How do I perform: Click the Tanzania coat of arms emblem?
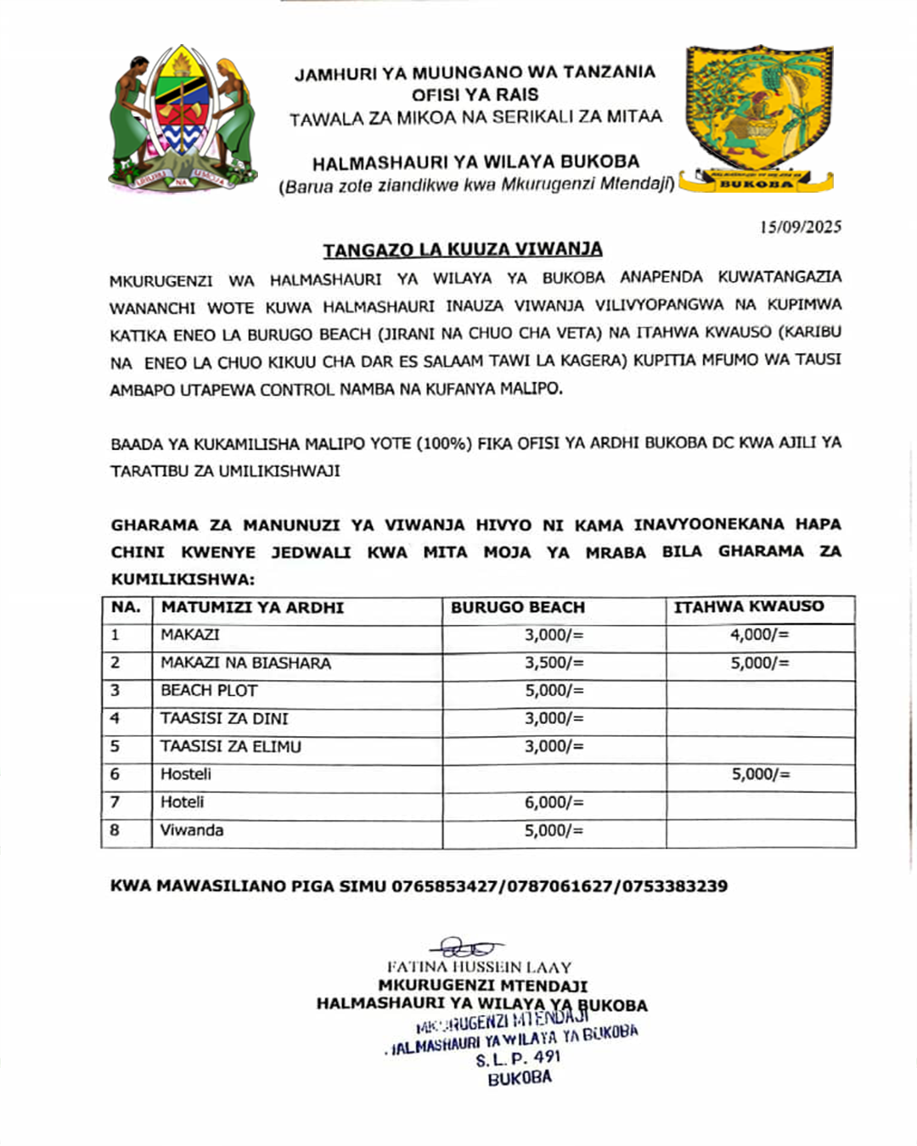click(x=183, y=119)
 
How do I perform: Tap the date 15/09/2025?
click(x=801, y=227)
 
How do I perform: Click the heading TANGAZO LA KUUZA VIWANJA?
click(x=463, y=250)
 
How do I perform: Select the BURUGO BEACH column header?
click(x=518, y=608)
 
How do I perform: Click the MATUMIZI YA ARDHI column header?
click(x=252, y=608)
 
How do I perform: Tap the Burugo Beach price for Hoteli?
click(x=554, y=802)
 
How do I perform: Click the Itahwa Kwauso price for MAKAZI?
click(x=759, y=635)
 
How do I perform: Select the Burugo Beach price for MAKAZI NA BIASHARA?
click(x=554, y=663)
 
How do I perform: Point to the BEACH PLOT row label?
click(x=209, y=691)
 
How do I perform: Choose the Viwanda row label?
click(x=192, y=830)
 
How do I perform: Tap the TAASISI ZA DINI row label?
click(x=224, y=719)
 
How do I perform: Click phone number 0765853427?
click(x=445, y=886)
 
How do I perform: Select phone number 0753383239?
click(x=675, y=886)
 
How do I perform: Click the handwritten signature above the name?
click(x=467, y=948)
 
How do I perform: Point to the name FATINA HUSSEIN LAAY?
click(x=479, y=967)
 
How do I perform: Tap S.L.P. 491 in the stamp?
click(x=518, y=1059)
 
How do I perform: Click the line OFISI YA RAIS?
click(x=475, y=95)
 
